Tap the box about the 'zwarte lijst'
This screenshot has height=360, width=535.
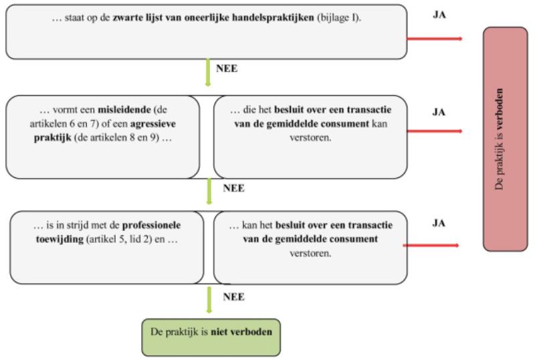pyautogui.click(x=206, y=31)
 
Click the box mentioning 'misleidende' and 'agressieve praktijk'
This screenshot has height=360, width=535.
pyautogui.click(x=102, y=137)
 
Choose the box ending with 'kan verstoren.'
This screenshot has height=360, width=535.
pyautogui.click(x=310, y=137)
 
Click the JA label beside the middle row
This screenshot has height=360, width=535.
pyautogui.click(x=439, y=112)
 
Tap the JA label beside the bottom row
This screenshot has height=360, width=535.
pyautogui.click(x=439, y=222)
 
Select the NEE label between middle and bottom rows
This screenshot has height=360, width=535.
pyautogui.click(x=233, y=188)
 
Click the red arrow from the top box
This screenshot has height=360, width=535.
pyautogui.click(x=434, y=38)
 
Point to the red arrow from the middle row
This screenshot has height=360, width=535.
pyautogui.click(x=434, y=131)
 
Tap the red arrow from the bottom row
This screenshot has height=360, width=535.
pyautogui.click(x=433, y=246)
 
